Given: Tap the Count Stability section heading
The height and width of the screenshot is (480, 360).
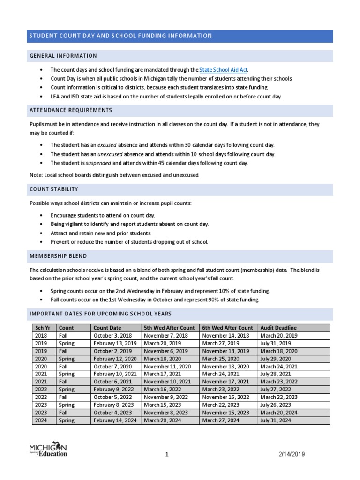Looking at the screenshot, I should pyautogui.click(x=54, y=189).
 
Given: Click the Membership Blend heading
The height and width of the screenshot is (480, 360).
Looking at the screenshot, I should pyautogui.click(x=58, y=256).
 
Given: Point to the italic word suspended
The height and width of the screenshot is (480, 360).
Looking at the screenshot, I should pyautogui.click(x=98, y=163).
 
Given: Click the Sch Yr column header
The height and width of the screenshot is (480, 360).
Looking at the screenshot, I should pyautogui.click(x=41, y=328).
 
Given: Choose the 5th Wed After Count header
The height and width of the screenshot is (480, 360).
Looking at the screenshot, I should pyautogui.click(x=169, y=328).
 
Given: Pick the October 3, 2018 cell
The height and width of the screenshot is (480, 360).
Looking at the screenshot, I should pyautogui.click(x=113, y=336).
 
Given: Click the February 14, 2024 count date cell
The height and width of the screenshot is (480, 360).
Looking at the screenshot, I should pyautogui.click(x=115, y=420).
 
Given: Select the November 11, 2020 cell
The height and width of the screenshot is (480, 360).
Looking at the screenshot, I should pyautogui.click(x=166, y=366).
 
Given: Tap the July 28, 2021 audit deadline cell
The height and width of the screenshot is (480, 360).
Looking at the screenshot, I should pyautogui.click(x=276, y=374).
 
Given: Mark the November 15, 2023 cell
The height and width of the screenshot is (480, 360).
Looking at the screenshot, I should pyautogui.click(x=225, y=412).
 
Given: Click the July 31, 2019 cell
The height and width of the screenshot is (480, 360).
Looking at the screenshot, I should pyautogui.click(x=276, y=343).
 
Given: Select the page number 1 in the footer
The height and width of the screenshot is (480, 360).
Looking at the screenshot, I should pyautogui.click(x=166, y=454).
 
